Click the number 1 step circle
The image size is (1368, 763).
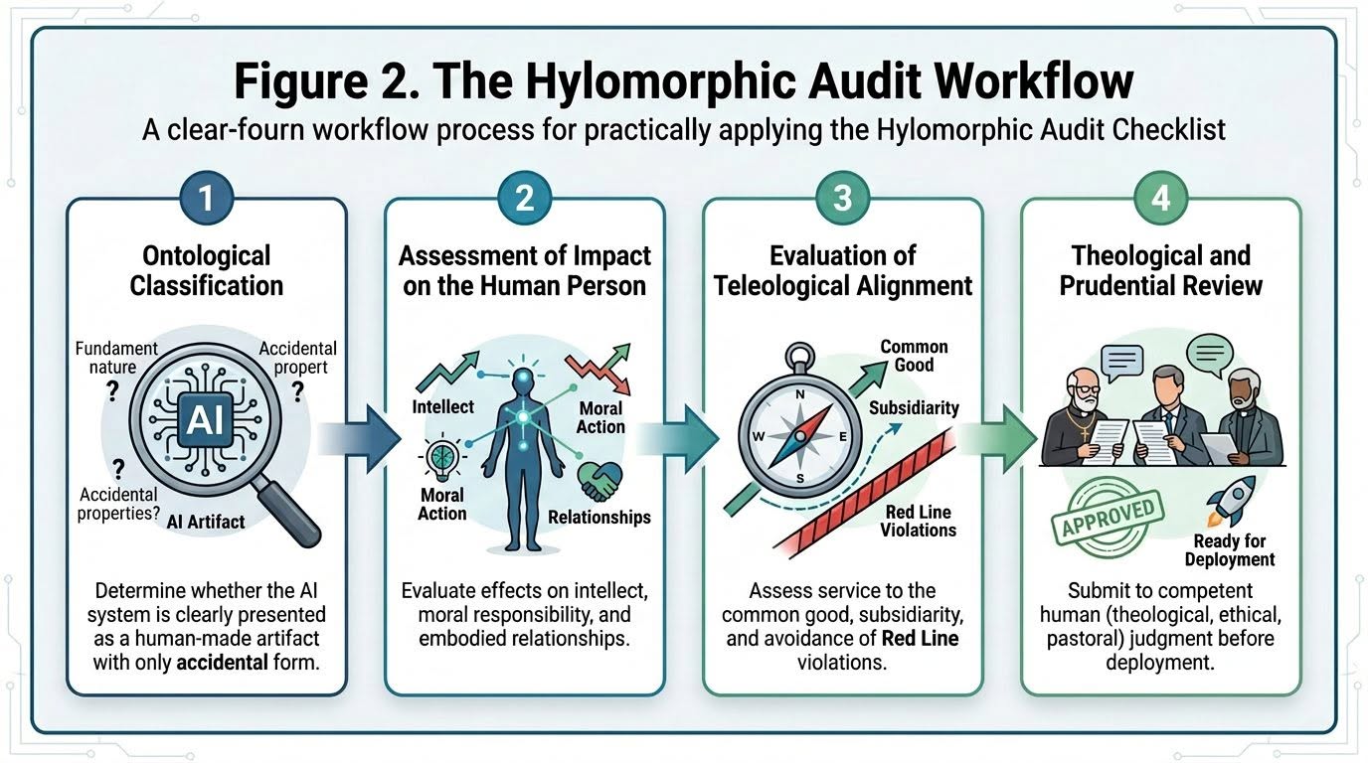click(207, 199)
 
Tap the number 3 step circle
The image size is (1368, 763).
click(843, 199)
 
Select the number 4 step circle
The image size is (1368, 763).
click(1160, 199)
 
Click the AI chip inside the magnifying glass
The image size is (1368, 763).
click(205, 420)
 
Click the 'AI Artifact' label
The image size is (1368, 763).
click(206, 522)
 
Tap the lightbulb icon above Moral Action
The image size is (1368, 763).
click(441, 457)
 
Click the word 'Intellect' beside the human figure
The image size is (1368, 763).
click(442, 406)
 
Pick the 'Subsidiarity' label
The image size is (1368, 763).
click(914, 407)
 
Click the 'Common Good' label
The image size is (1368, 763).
click(915, 356)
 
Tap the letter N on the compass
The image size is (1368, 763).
click(800, 394)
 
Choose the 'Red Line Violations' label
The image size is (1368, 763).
click(919, 521)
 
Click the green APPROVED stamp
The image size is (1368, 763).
click(1108, 517)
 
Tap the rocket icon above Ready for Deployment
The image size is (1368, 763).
click(1231, 501)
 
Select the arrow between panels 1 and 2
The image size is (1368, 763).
click(359, 439)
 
